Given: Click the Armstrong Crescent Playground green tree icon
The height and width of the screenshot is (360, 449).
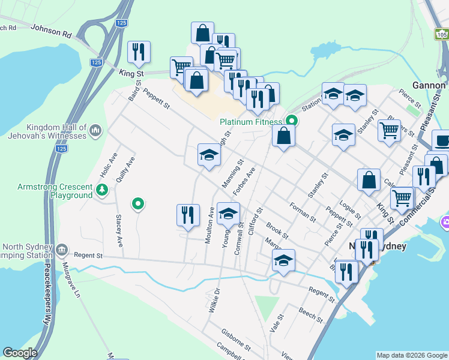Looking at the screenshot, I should coord(103,191).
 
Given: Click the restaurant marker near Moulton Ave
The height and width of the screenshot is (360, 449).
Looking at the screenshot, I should coord(188,215).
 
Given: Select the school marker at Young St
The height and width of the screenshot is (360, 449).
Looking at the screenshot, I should coord(228,214).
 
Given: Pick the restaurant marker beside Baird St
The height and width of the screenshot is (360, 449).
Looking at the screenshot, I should coord(139,52).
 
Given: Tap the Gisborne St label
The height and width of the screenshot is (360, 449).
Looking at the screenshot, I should coord(235,338).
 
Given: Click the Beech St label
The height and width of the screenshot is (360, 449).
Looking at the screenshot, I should coord(311,314).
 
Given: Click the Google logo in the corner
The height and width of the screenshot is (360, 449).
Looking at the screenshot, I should coord(20,353).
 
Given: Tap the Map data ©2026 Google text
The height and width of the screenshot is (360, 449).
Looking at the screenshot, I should coord(412,355).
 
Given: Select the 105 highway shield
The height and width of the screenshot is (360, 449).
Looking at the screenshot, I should coord(441,35).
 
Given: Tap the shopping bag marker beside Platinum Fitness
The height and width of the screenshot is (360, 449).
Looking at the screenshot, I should coord(283,136).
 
